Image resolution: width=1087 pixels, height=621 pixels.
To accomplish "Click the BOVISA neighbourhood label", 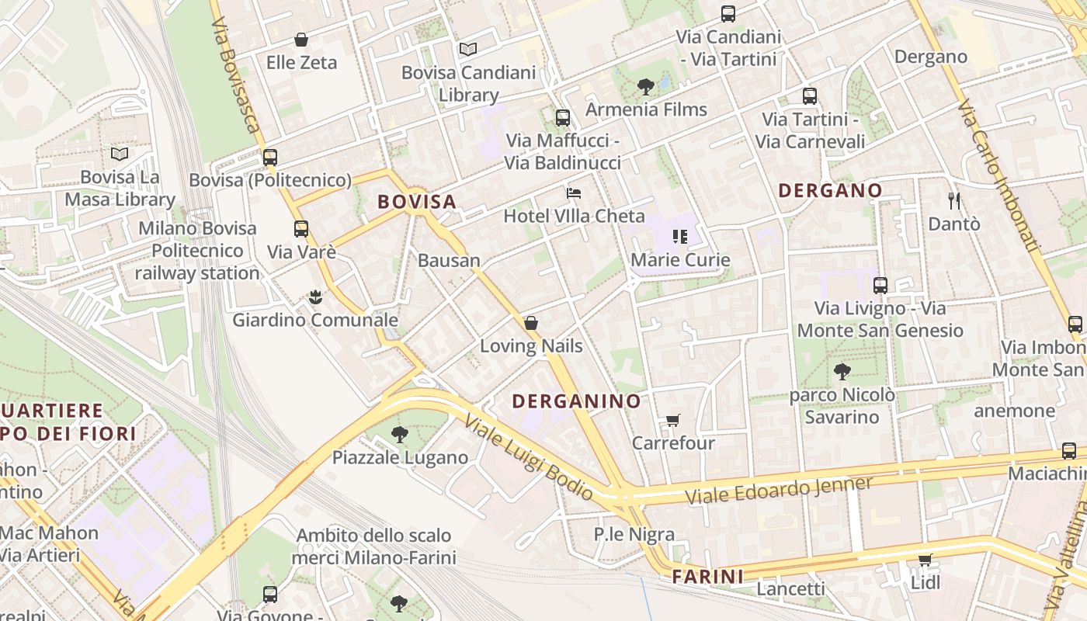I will click(416, 202).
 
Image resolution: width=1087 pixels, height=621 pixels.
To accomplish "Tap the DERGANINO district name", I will click(577, 401).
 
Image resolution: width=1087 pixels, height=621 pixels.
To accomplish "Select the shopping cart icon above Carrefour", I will click(672, 421).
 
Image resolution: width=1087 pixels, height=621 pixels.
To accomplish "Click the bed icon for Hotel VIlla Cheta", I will click(573, 193).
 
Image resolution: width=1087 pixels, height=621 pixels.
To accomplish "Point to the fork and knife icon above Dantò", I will click(954, 201).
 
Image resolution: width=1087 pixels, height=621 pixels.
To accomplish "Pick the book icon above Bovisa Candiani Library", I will click(467, 50).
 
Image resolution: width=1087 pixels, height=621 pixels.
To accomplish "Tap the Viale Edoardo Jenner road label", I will click(779, 491).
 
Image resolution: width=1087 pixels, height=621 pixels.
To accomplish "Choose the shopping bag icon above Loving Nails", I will click(531, 323).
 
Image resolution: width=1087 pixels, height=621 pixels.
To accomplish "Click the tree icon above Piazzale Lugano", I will click(399, 435).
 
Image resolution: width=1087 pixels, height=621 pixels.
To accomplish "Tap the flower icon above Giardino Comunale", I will click(314, 297).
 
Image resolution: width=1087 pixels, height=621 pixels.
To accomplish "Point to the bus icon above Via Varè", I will click(300, 229).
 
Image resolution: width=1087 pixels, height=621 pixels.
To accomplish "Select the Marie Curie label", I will click(680, 259).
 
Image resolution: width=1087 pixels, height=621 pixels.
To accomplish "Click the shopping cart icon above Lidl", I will click(924, 560).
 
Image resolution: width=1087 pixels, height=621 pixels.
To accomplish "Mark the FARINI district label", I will click(707, 577).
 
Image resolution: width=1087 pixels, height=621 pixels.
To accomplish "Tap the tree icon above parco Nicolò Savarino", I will click(842, 372).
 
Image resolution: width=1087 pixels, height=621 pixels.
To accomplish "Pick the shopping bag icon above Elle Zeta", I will click(301, 40).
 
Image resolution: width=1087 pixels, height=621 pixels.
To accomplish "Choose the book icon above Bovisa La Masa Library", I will click(119, 154).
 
